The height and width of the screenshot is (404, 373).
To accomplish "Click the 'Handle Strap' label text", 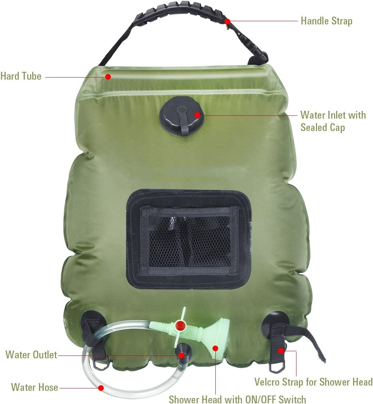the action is pos(326,21).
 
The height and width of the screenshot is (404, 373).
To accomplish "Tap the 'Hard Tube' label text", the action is pos(21,76).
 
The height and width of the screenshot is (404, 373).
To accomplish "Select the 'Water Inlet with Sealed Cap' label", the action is pos(333,121).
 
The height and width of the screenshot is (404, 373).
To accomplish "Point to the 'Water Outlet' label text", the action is pos(31,354).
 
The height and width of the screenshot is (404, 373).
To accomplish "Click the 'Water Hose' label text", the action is pos(35,387).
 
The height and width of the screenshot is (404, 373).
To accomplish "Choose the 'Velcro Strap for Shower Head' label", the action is pos(313,382).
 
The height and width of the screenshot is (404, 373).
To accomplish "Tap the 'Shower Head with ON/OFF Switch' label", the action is pos(237,399).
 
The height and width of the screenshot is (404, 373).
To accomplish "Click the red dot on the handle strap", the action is pos(227,21).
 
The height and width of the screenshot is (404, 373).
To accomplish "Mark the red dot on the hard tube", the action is pos(108,76).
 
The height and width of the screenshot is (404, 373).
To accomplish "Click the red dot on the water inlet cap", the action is pos(197,115).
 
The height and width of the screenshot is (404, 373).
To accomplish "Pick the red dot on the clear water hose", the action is pos(101,388).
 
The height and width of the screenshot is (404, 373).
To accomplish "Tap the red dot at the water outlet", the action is pos(181,355).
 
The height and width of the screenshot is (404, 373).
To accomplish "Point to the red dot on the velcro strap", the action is pos(281,351).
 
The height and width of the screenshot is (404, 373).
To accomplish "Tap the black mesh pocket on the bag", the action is pos(189,239).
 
